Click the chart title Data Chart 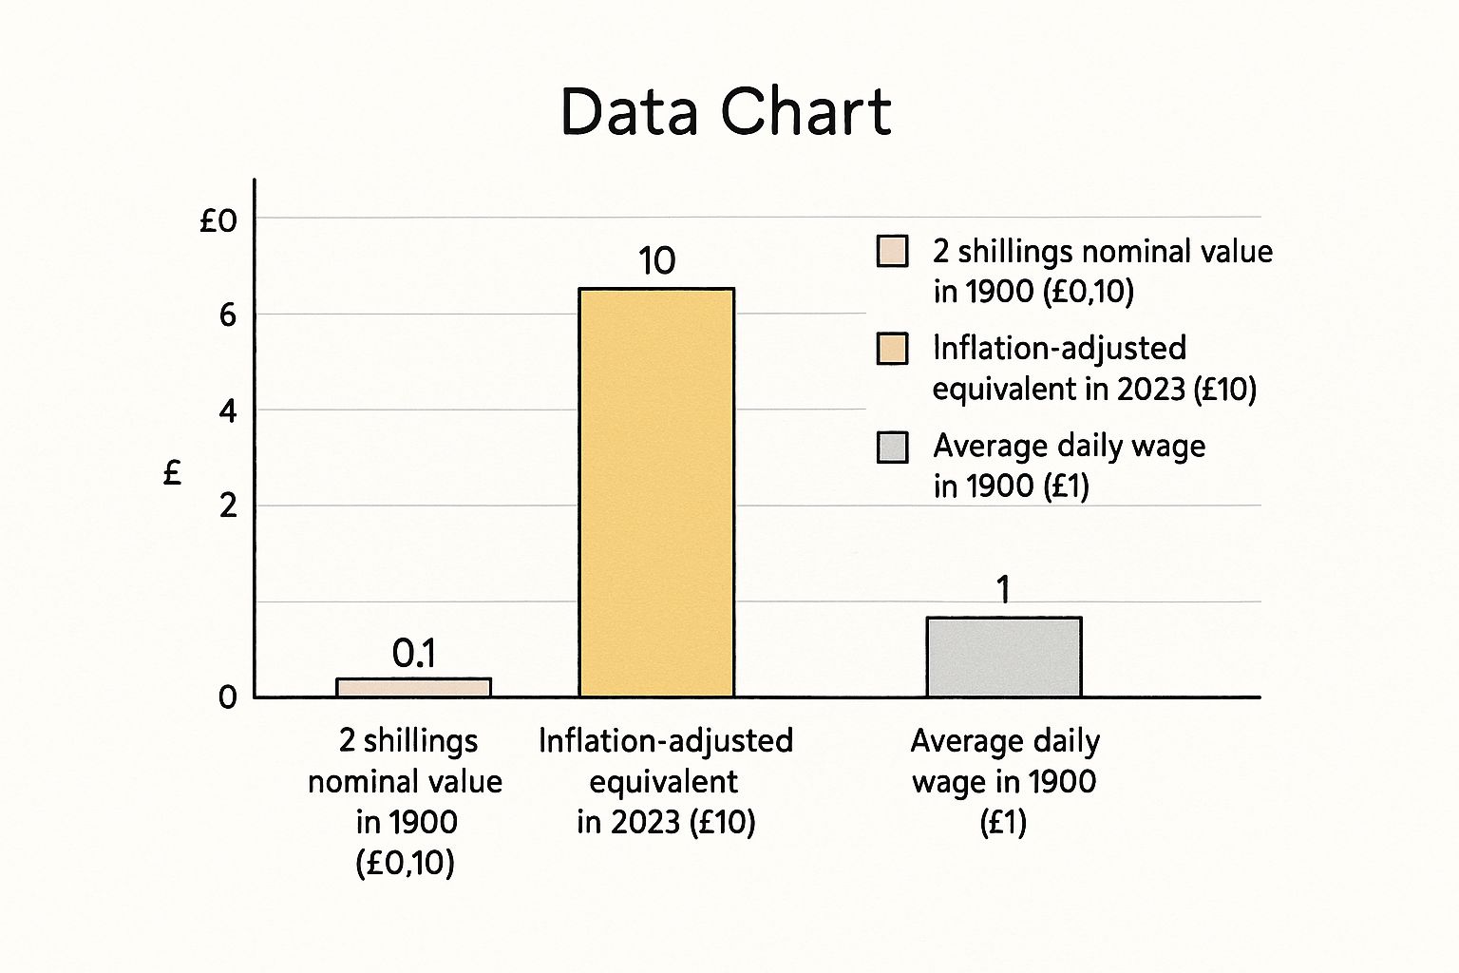[x=726, y=112]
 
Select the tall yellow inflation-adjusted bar [x=656, y=492]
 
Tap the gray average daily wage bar [x=1004, y=657]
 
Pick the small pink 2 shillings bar [x=413, y=687]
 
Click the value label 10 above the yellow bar [x=656, y=260]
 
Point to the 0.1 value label [x=413, y=653]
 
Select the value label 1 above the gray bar [x=1003, y=590]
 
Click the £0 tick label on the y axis [x=218, y=221]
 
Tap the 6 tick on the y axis [x=227, y=315]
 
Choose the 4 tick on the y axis [x=227, y=411]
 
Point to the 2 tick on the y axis [x=227, y=506]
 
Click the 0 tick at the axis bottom [x=227, y=697]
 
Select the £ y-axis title [x=172, y=472]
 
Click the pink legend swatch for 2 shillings [x=892, y=252]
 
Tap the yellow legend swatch [x=892, y=349]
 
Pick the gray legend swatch [x=892, y=447]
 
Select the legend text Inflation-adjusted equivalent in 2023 [x=1092, y=369]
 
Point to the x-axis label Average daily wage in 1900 [x=1004, y=781]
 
